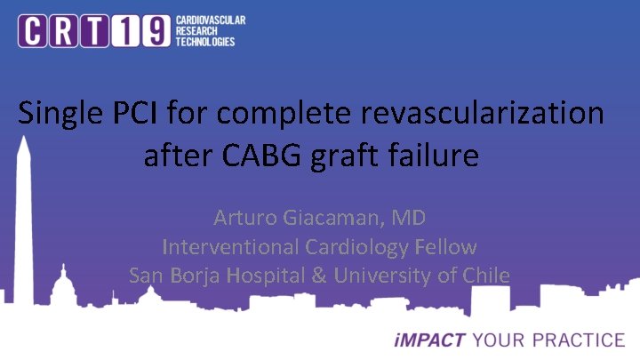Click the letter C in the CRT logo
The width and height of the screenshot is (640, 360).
coord(36,32)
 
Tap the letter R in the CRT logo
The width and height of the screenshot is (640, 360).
coord(69,32)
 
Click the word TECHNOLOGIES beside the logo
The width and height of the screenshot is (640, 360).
coord(206,42)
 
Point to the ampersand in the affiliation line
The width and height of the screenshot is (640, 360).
coord(319,276)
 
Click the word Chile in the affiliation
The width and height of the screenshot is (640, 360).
coord(485,276)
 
